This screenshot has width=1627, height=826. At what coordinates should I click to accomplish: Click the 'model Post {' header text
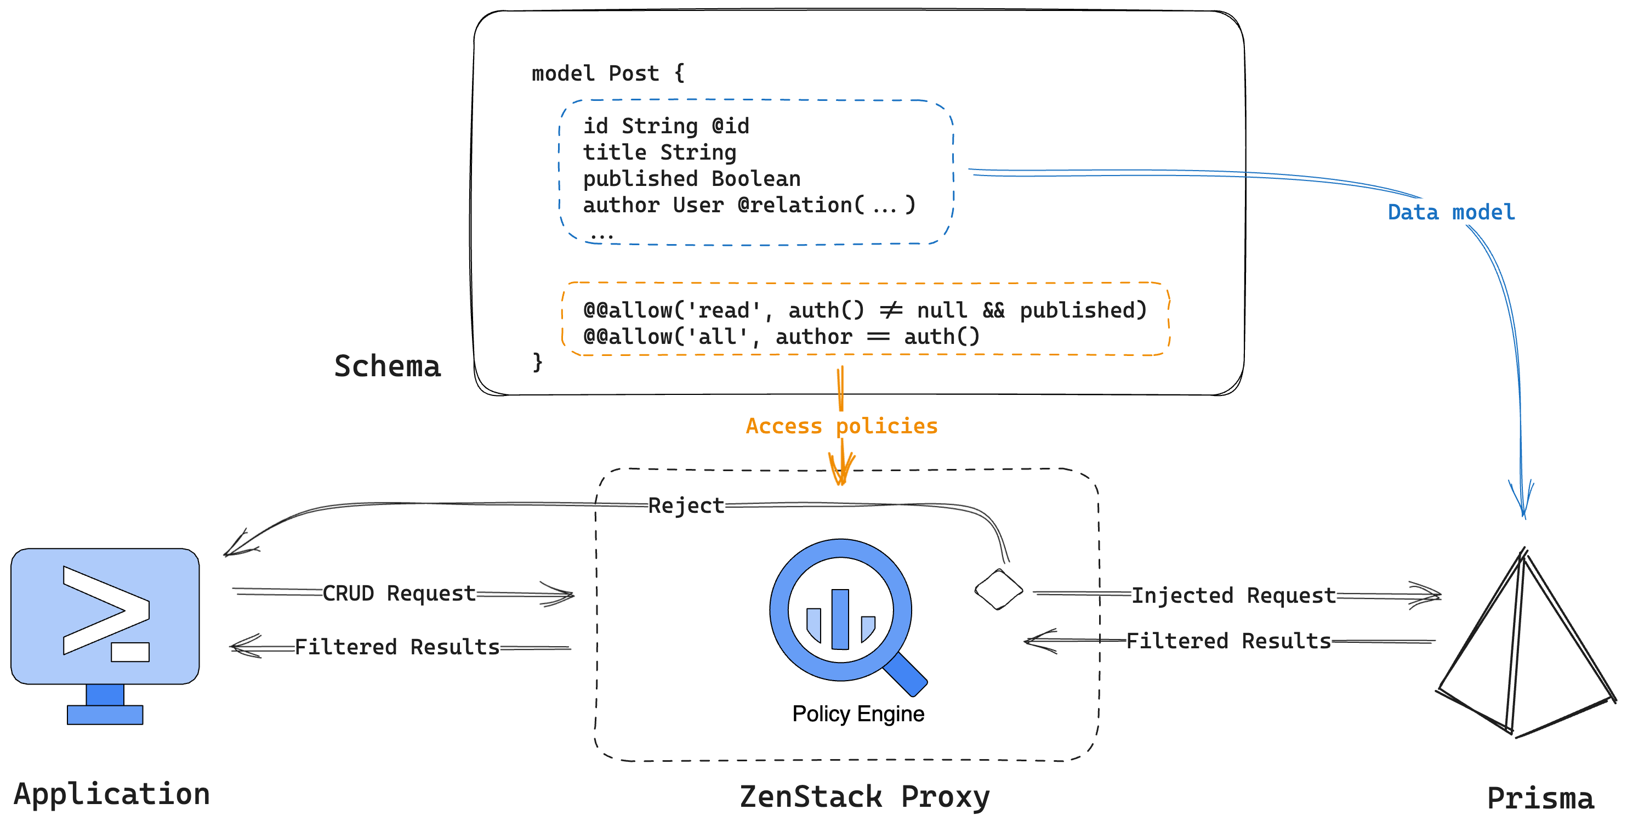(607, 74)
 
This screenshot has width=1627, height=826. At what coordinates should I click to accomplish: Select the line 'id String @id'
(665, 126)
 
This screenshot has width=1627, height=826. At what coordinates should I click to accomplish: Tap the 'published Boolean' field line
(691, 179)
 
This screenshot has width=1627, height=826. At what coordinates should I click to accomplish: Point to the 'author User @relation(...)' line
(748, 205)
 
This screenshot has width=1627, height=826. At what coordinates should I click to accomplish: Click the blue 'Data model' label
(1451, 212)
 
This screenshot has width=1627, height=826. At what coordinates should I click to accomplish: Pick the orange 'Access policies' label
(841, 426)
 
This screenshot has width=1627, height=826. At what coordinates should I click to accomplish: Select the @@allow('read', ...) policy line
(864, 310)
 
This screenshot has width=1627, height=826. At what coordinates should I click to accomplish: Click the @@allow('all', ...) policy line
(781, 337)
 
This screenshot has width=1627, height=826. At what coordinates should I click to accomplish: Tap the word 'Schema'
(387, 366)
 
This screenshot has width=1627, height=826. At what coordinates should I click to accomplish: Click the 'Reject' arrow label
(686, 506)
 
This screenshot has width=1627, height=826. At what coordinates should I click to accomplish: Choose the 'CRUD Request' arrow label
(399, 593)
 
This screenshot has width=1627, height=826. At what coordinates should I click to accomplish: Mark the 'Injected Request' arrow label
(1233, 595)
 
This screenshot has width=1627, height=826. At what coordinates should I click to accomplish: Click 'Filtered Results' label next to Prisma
(1228, 642)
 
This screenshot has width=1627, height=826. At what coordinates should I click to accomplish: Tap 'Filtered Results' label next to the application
(397, 647)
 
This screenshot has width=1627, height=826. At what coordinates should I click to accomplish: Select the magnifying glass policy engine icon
(843, 613)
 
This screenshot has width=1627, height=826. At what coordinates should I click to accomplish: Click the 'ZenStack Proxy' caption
(864, 797)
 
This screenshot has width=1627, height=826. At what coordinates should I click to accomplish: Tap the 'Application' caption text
(112, 794)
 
